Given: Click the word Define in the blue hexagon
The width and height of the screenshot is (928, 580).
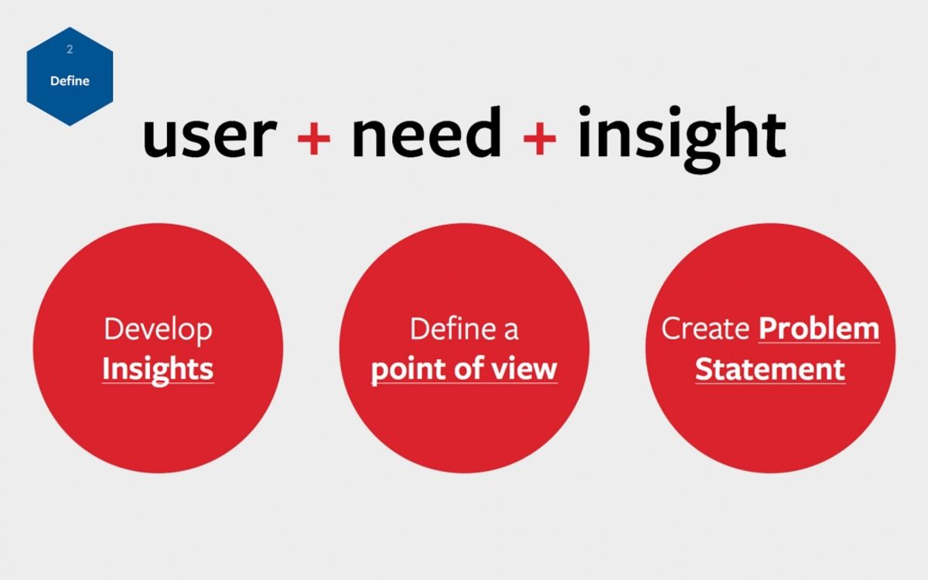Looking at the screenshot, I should pyautogui.click(x=70, y=80).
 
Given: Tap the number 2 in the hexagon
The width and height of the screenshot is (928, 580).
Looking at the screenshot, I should pyautogui.click(x=70, y=49).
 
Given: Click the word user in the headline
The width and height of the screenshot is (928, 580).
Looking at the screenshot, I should pyautogui.click(x=209, y=135).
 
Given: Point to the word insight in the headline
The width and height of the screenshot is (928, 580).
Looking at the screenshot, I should pyautogui.click(x=681, y=135).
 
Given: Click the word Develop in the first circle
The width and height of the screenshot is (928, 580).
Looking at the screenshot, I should pyautogui.click(x=158, y=330).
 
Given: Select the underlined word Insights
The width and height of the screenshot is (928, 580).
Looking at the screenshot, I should pyautogui.click(x=158, y=369).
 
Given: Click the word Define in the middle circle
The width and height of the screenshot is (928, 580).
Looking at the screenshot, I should pyautogui.click(x=453, y=329).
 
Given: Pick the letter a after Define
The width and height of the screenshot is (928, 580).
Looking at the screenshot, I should pyautogui.click(x=510, y=332).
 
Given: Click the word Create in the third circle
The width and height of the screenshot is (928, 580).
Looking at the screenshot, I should pyautogui.click(x=705, y=329).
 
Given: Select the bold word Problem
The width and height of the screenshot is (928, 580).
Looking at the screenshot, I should pyautogui.click(x=819, y=329).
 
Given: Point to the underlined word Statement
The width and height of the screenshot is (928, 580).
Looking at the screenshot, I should pyautogui.click(x=769, y=369).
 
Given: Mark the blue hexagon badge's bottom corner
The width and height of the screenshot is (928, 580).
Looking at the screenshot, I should pyautogui.click(x=70, y=125).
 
